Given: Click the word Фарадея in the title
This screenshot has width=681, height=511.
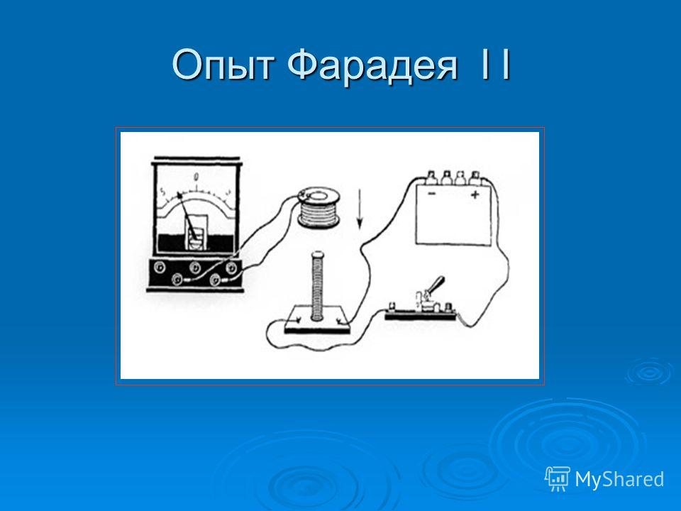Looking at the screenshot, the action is [x=372, y=65].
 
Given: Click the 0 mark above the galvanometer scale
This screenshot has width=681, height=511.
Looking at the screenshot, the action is [x=196, y=177].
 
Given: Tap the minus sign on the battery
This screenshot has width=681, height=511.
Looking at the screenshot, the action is [x=431, y=194].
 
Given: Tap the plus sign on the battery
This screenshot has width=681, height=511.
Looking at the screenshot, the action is [x=475, y=194].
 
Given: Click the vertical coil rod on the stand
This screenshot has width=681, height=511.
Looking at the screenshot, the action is [x=318, y=286].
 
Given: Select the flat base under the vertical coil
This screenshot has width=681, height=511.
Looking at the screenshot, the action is [x=317, y=319].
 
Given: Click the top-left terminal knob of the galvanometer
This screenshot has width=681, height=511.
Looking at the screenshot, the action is [x=160, y=266].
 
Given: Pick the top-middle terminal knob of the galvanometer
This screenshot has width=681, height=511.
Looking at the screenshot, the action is [x=194, y=266].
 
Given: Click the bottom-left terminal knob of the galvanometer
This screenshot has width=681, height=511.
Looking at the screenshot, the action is [x=177, y=279].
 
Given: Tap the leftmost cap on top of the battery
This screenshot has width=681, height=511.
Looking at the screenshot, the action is [x=431, y=177].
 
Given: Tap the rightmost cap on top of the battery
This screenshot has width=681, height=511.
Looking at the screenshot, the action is [x=475, y=177].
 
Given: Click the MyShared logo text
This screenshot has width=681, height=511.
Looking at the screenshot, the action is [x=620, y=479].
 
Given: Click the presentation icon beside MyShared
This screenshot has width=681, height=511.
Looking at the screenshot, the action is [x=558, y=479].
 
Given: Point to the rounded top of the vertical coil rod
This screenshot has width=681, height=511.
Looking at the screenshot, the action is [x=318, y=254].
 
